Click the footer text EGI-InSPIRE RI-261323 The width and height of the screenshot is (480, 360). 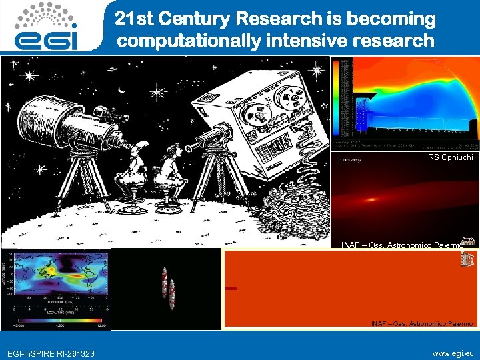click(51, 353)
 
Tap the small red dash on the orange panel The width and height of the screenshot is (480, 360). click(231, 288)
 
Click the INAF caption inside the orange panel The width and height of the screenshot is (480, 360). click(421, 323)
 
